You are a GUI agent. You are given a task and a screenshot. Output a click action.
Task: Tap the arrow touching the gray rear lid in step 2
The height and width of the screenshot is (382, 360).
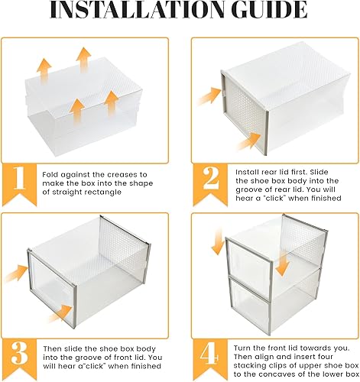[x=207, y=95]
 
